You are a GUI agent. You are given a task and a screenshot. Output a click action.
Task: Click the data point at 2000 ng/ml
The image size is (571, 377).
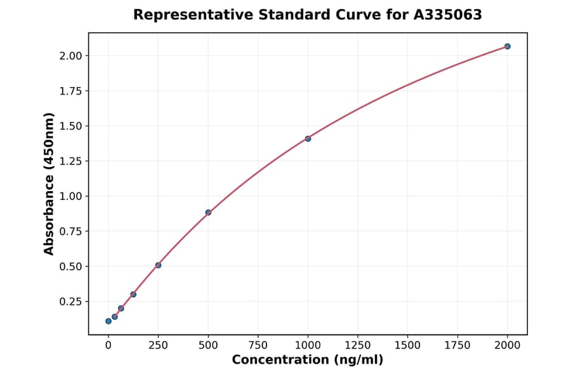507,46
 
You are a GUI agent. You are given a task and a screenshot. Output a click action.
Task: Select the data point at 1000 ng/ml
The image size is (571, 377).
308,138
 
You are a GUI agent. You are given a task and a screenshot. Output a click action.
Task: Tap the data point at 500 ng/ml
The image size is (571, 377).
208,213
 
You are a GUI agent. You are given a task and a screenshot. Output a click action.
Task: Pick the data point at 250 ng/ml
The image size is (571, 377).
158,265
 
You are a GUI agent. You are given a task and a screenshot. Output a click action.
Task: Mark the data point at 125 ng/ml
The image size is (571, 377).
133,294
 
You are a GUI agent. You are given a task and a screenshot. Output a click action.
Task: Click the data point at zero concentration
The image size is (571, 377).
108,321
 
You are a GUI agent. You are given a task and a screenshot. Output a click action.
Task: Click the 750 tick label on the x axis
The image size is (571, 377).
258,345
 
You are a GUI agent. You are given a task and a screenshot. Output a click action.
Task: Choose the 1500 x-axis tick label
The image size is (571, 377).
407,345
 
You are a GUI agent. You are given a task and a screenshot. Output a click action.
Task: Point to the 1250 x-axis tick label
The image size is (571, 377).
357,345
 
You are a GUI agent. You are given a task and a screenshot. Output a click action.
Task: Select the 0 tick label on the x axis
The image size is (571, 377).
108,345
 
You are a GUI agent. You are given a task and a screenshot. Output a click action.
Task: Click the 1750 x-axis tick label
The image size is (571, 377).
457,345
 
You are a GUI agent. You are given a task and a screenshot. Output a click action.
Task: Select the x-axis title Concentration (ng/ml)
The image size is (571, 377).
308,360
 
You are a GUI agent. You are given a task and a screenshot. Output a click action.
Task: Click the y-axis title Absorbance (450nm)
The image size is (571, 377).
49,184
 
